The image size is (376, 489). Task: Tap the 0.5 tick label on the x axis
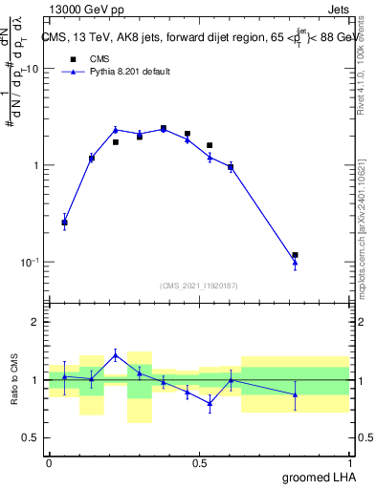[x=199, y=462]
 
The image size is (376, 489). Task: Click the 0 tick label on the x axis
[x=49, y=462]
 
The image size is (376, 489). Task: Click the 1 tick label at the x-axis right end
[x=348, y=462]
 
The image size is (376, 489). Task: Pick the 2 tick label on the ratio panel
[x=35, y=322]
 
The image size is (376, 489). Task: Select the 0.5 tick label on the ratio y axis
[x=31, y=438]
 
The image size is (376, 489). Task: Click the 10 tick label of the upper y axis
[x=32, y=70]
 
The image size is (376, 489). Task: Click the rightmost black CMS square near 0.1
[x=295, y=255]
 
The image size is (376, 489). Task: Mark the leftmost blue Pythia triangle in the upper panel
[x=64, y=223]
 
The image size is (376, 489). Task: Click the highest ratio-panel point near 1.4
[x=116, y=354]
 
